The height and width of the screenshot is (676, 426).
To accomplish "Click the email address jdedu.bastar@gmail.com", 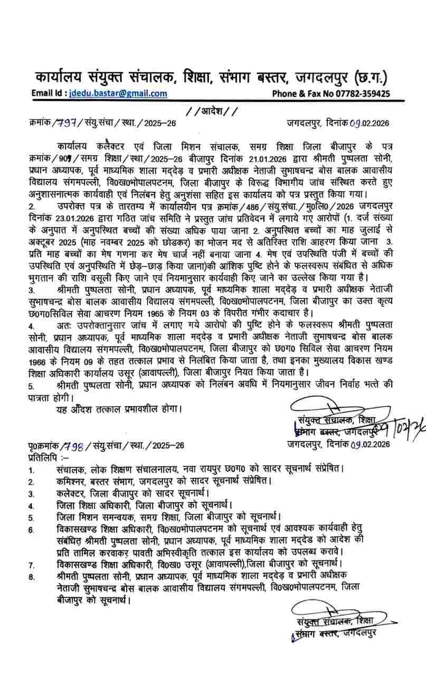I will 118,93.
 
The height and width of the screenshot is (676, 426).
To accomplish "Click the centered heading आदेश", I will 213,111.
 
